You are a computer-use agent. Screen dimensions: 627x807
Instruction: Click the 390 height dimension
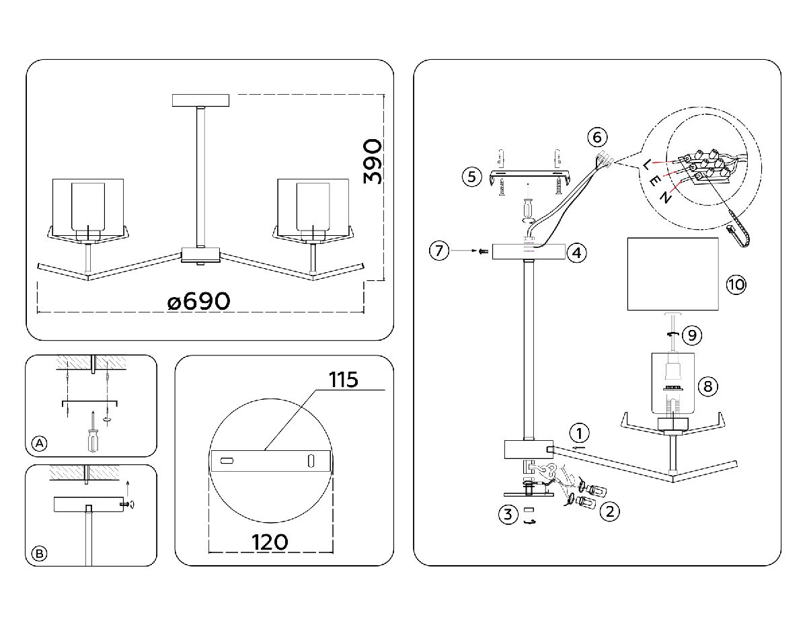coord(373,161)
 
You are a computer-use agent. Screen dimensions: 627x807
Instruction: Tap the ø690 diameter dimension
coord(198,302)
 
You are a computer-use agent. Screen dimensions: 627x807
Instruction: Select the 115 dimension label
coord(344,380)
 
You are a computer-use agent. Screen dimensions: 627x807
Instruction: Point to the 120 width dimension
coord(270,542)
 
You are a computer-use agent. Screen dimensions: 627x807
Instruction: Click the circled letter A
coord(40,444)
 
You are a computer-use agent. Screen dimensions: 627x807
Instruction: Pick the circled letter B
coord(40,554)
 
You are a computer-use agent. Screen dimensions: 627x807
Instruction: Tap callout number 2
coord(609,512)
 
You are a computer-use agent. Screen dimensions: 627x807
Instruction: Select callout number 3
coord(508,515)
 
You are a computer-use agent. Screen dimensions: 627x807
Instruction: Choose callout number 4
coord(576,253)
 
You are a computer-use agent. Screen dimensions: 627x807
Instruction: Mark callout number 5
coord(471,177)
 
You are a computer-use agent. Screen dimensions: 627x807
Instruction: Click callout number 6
coord(596,137)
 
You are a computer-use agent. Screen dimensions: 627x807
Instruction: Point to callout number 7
coord(439,251)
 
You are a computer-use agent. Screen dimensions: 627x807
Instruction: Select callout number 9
coord(691,334)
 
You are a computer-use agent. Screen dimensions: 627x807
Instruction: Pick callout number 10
coord(736,284)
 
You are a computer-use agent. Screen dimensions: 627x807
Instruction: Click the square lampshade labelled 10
coord(672,274)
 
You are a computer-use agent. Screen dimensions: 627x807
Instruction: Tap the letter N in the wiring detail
coord(664,198)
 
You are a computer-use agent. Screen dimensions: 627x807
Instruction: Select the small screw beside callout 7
coord(482,252)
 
